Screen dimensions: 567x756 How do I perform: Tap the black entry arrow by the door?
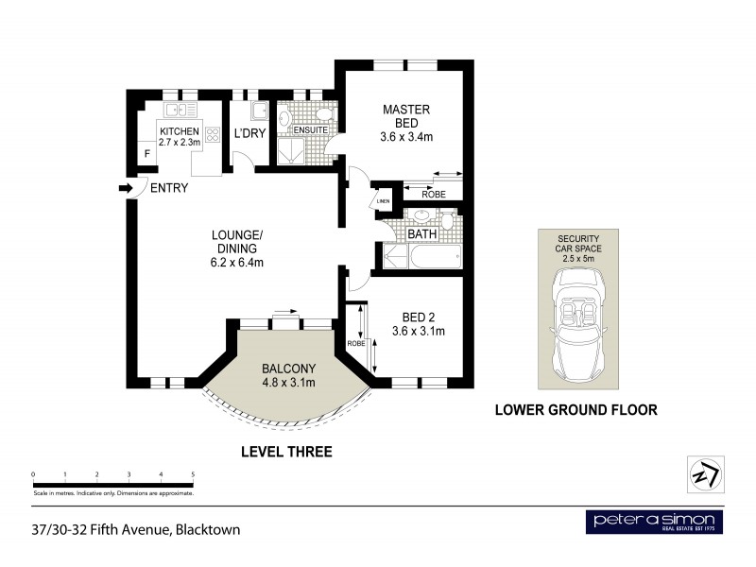point(124,189)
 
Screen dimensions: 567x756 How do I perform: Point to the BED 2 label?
point(418,324)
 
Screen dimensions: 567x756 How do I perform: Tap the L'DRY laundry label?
point(249,134)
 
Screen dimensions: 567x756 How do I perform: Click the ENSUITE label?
point(310,129)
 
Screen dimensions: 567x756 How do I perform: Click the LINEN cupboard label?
point(383,201)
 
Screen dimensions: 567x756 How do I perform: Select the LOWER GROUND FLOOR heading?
point(576,410)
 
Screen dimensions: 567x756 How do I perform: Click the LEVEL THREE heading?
point(286,452)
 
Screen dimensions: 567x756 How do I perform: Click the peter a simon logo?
point(655,522)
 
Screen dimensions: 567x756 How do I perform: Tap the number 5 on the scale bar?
point(193,474)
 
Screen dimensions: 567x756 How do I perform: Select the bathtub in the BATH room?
point(435,257)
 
